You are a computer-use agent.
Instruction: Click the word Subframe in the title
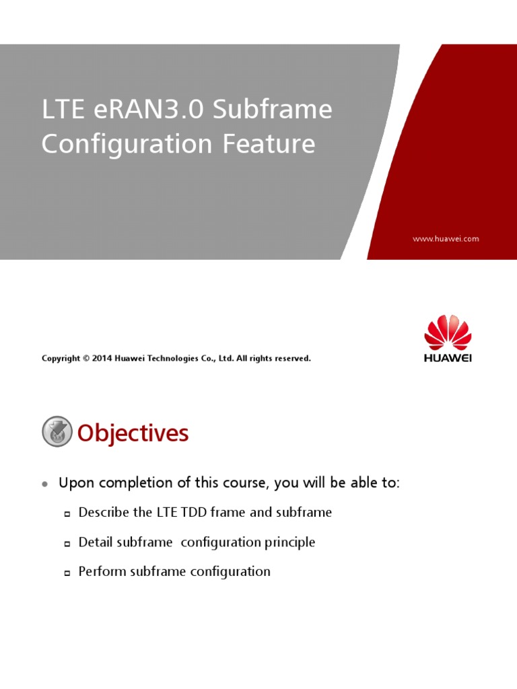tap(272, 110)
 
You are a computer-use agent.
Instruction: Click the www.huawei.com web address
tap(446, 239)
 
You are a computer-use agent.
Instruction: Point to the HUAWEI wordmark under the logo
tap(448, 358)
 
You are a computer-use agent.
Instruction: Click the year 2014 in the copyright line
tap(101, 359)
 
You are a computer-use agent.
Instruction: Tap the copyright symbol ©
tap(85, 359)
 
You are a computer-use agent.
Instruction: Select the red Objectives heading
tap(133, 433)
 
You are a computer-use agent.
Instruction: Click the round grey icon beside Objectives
tap(57, 432)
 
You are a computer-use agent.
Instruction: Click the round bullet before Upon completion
tap(45, 484)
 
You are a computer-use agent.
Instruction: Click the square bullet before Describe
tap(67, 514)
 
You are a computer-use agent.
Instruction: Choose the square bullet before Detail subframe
tap(67, 544)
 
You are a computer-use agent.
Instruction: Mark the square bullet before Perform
tap(67, 573)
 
